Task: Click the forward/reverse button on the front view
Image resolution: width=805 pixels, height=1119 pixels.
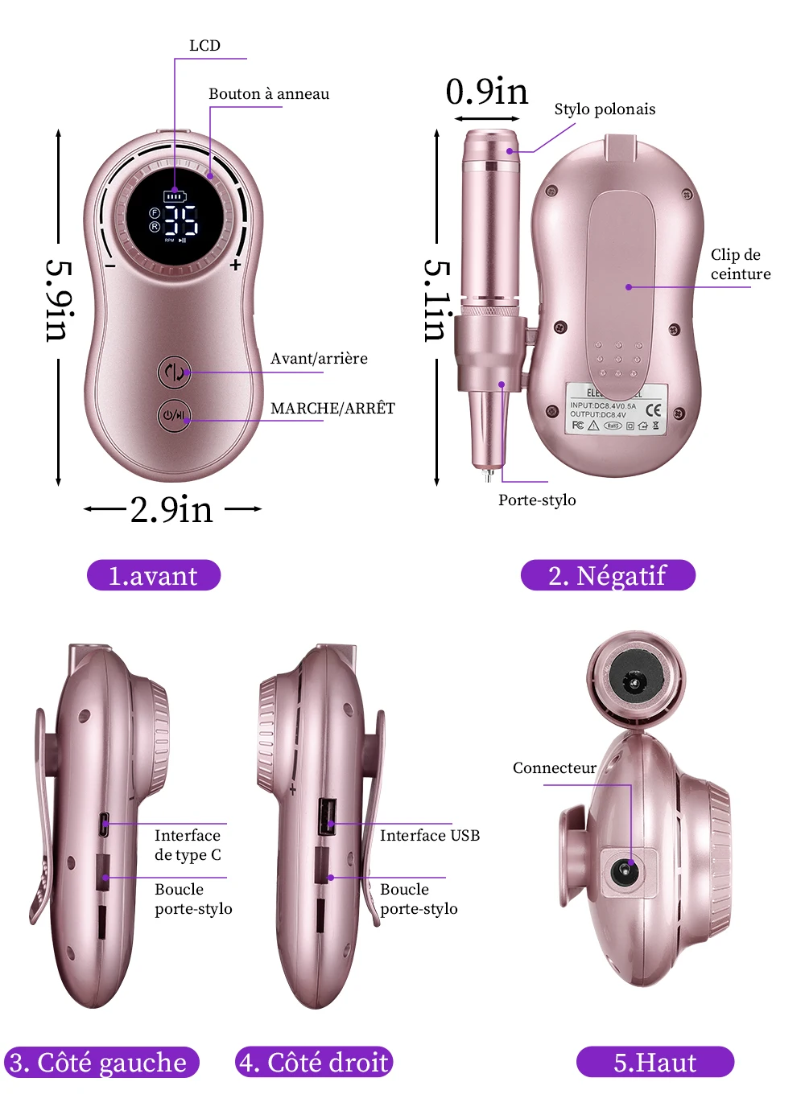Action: pos(174,372)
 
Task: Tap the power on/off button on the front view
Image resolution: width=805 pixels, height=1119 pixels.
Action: pos(174,416)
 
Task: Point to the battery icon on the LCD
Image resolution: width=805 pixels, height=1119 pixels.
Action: pos(174,195)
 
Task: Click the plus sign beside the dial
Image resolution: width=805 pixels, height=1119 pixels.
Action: pos(235,265)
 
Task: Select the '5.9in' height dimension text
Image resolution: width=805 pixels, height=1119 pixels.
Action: pos(59,300)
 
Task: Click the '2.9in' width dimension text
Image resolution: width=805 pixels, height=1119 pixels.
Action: pos(171,510)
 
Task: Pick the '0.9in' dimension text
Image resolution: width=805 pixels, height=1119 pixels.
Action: pos(487,92)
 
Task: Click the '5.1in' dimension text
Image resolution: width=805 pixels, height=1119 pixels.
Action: pos(437,300)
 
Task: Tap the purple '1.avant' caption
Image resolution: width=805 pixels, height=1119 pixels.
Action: pos(153,575)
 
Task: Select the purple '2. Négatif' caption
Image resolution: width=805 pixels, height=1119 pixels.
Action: pos(608,575)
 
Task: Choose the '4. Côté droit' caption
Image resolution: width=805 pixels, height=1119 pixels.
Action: pos(314,1062)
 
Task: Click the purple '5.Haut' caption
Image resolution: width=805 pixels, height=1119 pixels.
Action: pos(654,1062)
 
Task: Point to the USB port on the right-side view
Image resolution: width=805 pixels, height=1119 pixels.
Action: pos(328,817)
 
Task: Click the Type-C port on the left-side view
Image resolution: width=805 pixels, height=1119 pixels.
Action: pos(104,824)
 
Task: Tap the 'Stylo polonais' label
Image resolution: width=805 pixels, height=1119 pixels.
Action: pos(605,109)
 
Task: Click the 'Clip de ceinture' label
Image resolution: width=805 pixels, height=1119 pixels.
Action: pos(740,264)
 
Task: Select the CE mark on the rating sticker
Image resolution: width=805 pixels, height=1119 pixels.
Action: pos(653,410)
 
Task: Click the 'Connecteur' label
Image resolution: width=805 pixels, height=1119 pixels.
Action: pos(555,768)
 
